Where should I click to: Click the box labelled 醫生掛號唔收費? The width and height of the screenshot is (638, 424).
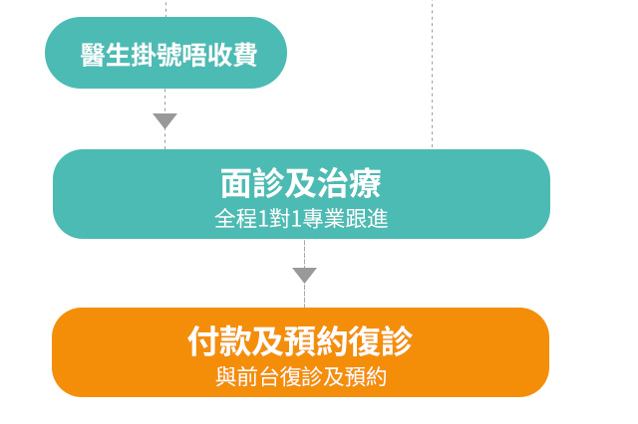click(x=165, y=53)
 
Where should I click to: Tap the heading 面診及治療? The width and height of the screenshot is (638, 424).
click(x=301, y=183)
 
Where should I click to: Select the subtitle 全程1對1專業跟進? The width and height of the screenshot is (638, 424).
click(x=301, y=219)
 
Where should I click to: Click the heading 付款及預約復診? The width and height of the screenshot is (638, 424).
click(x=300, y=341)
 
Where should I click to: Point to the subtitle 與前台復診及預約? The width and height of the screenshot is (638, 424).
click(x=301, y=377)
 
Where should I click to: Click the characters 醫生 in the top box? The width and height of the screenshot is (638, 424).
click(x=106, y=55)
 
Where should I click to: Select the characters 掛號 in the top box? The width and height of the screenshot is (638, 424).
click(x=157, y=55)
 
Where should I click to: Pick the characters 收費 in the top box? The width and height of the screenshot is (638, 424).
click(x=232, y=55)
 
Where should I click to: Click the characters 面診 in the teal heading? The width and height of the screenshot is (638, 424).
click(x=252, y=183)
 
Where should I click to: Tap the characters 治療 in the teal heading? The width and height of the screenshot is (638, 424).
click(x=350, y=183)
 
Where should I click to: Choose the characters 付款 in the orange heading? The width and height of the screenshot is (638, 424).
click(x=219, y=341)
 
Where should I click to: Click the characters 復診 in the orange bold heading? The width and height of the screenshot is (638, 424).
click(x=381, y=341)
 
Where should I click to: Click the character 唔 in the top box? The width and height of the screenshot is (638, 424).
click(x=194, y=55)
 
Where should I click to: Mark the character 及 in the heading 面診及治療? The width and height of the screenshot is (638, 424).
click(x=301, y=183)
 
